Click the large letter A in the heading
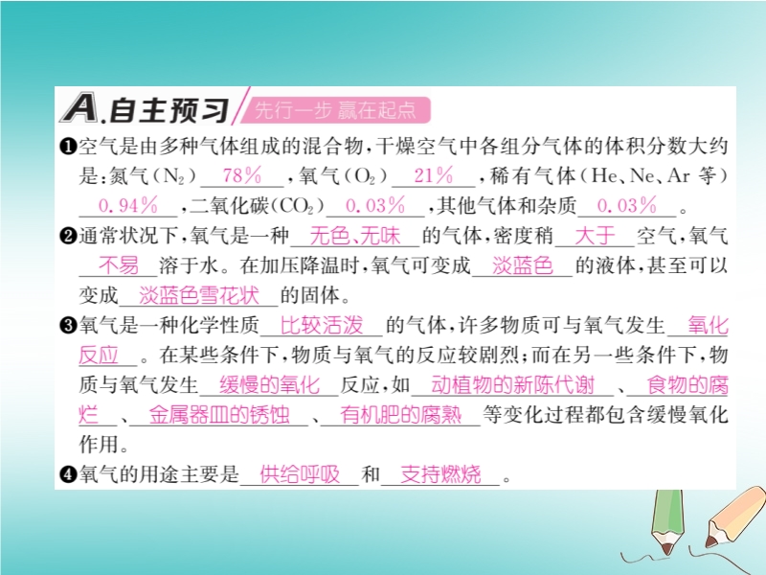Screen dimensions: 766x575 79,108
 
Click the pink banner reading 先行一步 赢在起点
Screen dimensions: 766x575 336,110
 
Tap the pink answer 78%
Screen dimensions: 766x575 242,175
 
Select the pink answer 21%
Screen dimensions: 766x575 434,175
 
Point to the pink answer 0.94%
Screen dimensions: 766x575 128,205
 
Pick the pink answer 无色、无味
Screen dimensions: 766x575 355,236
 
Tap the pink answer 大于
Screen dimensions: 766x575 595,236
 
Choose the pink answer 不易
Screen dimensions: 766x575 119,266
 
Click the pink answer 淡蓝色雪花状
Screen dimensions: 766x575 199,296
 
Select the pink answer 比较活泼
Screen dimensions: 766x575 322,326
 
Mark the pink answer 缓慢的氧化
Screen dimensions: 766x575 270,385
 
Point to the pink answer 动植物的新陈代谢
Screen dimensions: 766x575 512,385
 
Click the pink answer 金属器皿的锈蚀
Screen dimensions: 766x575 219,415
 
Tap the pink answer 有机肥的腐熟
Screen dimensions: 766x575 400,415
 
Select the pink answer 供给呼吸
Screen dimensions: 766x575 300,474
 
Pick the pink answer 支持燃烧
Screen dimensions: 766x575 440,474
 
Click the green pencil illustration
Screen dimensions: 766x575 667,521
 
